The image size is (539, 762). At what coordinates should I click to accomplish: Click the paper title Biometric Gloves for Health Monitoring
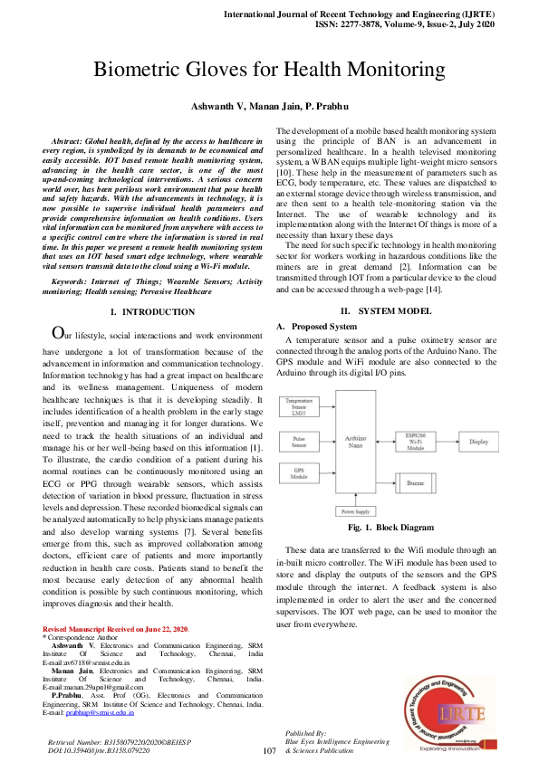pos(269,70)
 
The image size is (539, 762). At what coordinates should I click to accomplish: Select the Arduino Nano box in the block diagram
pos(355,443)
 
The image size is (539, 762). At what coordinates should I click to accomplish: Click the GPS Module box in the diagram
pos(299,474)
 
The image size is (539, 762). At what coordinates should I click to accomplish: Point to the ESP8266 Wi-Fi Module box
pos(411,441)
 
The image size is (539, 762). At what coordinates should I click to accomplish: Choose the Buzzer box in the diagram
pos(412,485)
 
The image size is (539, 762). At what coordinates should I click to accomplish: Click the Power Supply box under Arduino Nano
pos(354,511)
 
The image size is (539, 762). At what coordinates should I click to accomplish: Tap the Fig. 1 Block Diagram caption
pos(390,528)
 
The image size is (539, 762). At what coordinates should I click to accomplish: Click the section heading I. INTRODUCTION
pos(152,311)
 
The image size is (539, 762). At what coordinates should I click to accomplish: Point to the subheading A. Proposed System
pos(317,326)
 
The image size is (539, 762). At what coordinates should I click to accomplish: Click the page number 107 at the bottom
pos(268,751)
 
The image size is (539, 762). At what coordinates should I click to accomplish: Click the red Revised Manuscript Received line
pos(116,628)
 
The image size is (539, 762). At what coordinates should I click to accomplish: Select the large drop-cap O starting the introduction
pos(57,334)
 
